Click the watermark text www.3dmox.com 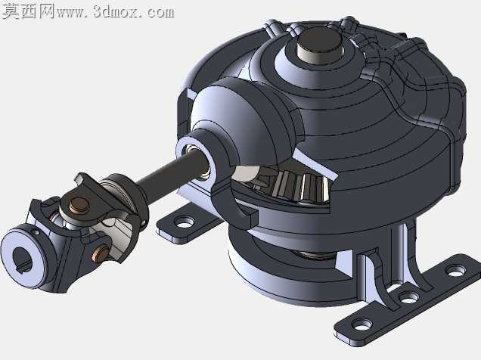point(116,11)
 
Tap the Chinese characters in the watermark point(28,11)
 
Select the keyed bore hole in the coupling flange point(23,259)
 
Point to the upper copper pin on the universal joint point(79,205)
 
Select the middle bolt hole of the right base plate point(408,296)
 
